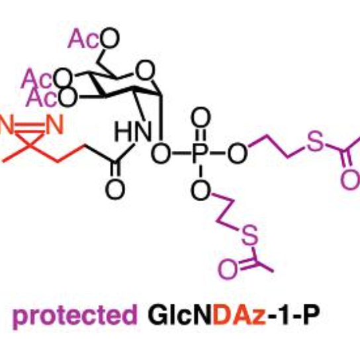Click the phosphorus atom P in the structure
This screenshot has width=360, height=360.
(201, 153)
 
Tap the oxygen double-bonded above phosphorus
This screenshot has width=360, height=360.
(201, 117)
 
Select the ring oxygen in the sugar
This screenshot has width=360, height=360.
(145, 70)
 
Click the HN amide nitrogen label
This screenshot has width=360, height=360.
(133, 131)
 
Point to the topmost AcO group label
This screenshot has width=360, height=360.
(93, 38)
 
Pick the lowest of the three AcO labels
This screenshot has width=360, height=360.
(52, 97)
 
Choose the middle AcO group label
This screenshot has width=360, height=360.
(47, 78)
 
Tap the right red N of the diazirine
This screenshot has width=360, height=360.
(55, 124)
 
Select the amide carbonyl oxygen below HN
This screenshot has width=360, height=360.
(115, 189)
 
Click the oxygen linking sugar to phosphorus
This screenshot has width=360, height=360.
(161, 153)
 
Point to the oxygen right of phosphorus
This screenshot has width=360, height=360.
(238, 153)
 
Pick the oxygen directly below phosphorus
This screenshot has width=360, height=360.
(201, 191)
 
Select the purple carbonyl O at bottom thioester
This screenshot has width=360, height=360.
(228, 269)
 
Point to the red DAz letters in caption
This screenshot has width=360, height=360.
(240, 314)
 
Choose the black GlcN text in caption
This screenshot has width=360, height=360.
(180, 314)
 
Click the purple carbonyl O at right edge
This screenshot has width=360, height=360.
(350, 179)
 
